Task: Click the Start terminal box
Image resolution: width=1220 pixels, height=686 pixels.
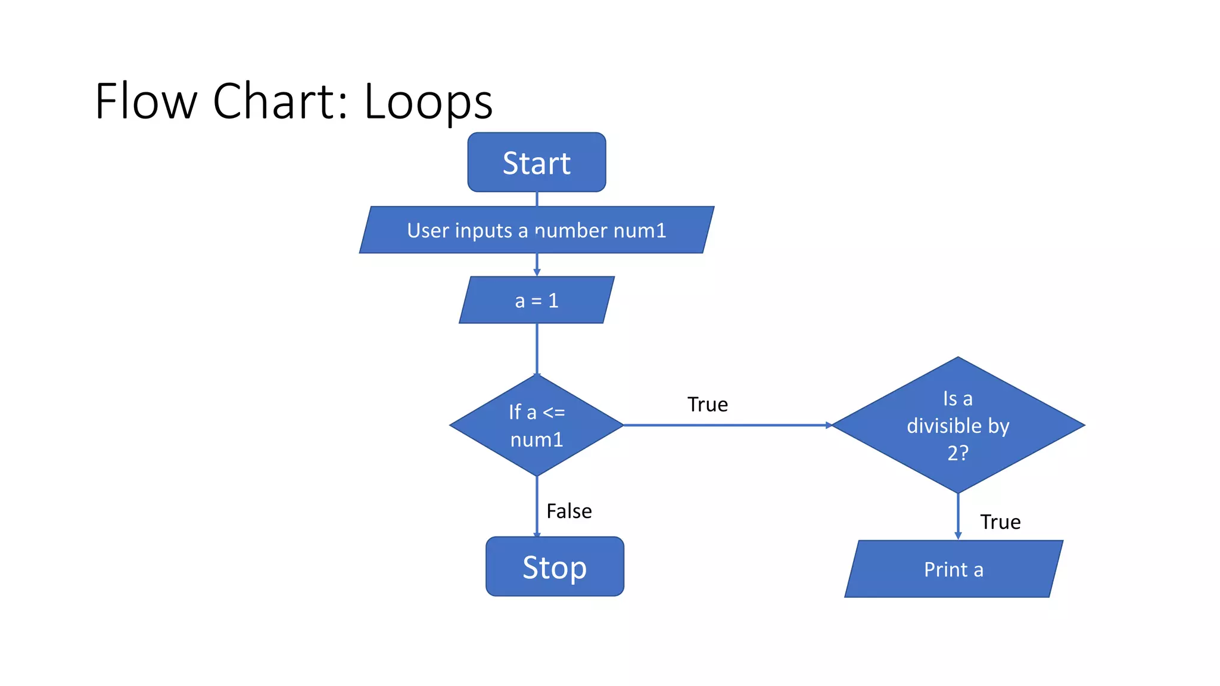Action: (x=537, y=162)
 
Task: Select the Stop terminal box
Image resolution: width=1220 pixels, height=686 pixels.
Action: (x=555, y=566)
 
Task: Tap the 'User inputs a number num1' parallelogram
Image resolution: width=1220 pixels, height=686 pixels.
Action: (x=536, y=230)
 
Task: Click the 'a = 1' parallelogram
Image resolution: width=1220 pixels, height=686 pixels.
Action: (x=536, y=300)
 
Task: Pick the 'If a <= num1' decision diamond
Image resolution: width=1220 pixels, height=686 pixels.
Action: (x=536, y=425)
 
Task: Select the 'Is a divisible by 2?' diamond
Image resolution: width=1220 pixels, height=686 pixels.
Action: (x=958, y=425)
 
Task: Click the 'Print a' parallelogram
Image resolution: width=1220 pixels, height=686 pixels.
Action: (x=953, y=569)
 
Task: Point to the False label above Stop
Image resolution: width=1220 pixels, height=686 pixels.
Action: (x=569, y=511)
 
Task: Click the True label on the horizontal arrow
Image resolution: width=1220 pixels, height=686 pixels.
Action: (x=707, y=404)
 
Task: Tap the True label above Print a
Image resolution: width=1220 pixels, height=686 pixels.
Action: (x=1000, y=522)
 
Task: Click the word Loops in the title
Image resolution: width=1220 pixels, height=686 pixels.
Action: (x=428, y=101)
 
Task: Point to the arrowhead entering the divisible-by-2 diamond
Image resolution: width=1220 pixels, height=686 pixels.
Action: (x=829, y=425)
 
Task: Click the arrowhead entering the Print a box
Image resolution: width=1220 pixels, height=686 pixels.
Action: (x=958, y=536)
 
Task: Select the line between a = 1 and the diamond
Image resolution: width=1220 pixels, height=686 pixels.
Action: (x=537, y=348)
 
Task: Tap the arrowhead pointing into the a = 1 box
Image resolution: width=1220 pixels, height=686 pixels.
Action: (x=537, y=272)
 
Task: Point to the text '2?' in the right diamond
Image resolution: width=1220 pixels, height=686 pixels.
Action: (x=958, y=453)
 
